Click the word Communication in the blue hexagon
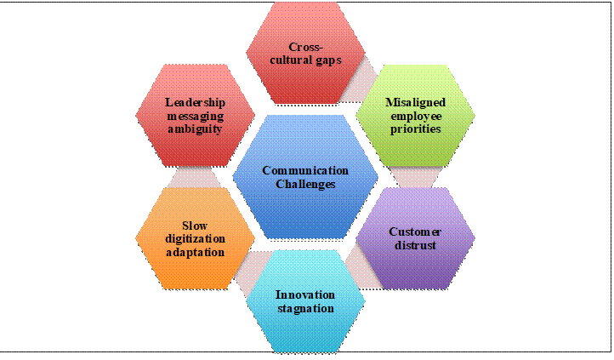coord(305,171)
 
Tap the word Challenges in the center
coord(305,184)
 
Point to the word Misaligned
coord(416,103)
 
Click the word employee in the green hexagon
coord(416,117)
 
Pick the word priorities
coord(416,129)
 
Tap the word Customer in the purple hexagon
coord(415,231)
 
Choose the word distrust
coord(415,245)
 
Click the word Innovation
coord(305,294)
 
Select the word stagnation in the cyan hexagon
coord(305,309)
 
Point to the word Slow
coord(195,226)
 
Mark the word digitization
coord(195,239)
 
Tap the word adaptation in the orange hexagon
coord(195,253)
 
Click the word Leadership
coord(195,103)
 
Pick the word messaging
coord(195,117)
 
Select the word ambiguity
coord(195,129)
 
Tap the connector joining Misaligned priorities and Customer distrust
coord(416,177)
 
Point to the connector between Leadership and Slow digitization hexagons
coord(195,177)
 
